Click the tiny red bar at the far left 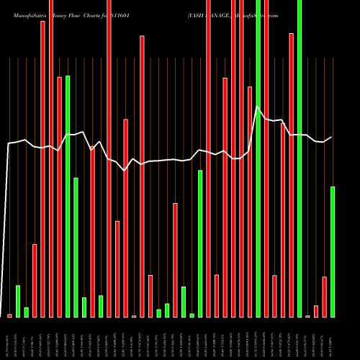[10, 315]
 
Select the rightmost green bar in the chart [333, 252]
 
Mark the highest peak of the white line [258, 107]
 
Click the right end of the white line [332, 137]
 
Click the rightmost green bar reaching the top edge [300, 158]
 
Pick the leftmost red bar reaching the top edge [51, 158]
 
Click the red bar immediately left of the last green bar [325, 297]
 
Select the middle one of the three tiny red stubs [134, 316]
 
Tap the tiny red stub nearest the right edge [308, 316]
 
